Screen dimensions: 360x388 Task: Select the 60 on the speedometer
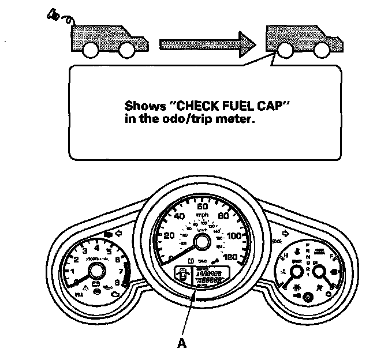coord(202,207)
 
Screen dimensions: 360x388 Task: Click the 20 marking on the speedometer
coord(169,236)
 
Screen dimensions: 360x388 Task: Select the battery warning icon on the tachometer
coord(96,286)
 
